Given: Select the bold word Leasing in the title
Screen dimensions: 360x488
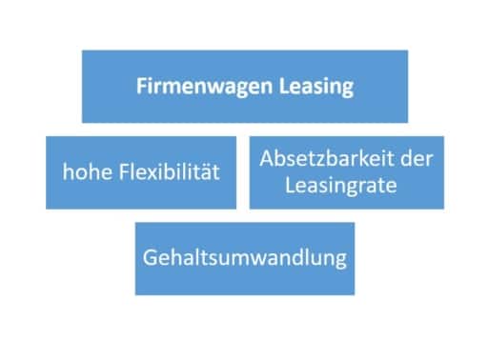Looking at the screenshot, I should [314, 87].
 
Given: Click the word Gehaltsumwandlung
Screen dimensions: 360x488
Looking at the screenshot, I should [244, 257].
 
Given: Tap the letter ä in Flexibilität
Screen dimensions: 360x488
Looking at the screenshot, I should [207, 172].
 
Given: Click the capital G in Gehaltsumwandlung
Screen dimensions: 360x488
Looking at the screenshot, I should [150, 257].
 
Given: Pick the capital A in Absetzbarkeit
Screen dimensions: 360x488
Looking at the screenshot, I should [266, 158].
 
